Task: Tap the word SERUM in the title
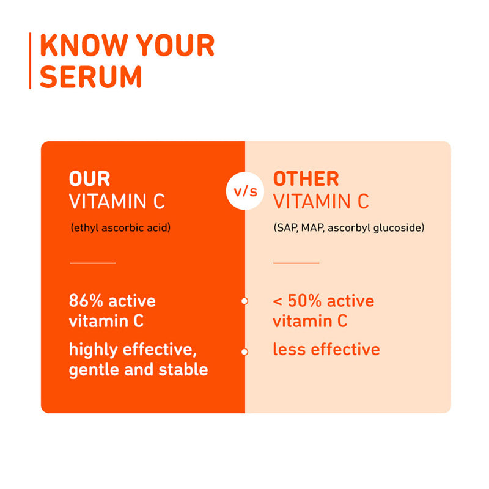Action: [91, 76]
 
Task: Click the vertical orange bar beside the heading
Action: [30, 61]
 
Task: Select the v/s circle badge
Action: [245, 191]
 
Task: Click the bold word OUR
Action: [89, 179]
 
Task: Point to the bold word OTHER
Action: [306, 179]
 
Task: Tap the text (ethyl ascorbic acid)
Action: [120, 229]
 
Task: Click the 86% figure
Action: [83, 301]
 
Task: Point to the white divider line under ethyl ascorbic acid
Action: [93, 263]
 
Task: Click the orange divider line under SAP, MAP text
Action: [296, 263]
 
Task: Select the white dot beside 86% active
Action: [244, 301]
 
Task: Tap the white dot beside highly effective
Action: [244, 351]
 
